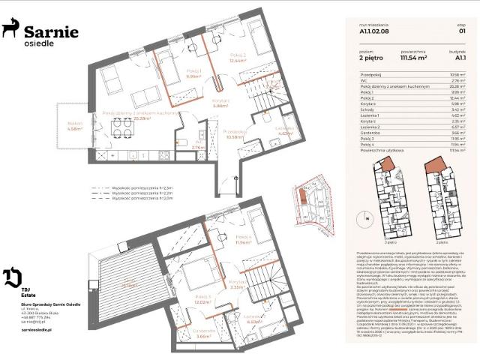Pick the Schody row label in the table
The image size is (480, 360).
click(x=367, y=110)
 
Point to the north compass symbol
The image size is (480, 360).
click(x=367, y=217)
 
